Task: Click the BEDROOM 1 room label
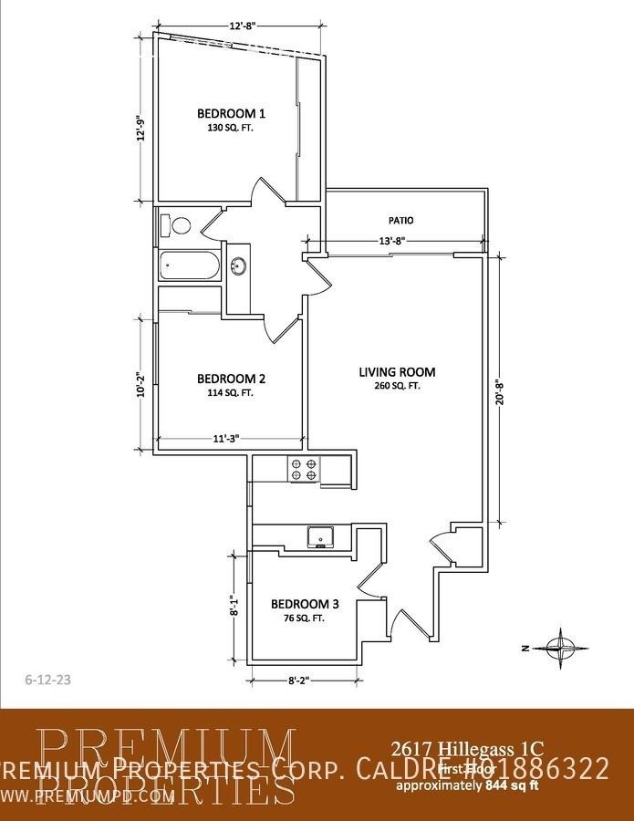tap(231, 113)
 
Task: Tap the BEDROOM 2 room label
tap(231, 379)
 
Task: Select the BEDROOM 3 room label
tap(305, 604)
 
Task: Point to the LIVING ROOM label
tap(397, 371)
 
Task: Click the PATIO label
tap(401, 221)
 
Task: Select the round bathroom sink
tap(239, 267)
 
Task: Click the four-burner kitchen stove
tap(305, 469)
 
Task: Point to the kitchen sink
tap(319, 537)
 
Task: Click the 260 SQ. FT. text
tap(396, 386)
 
